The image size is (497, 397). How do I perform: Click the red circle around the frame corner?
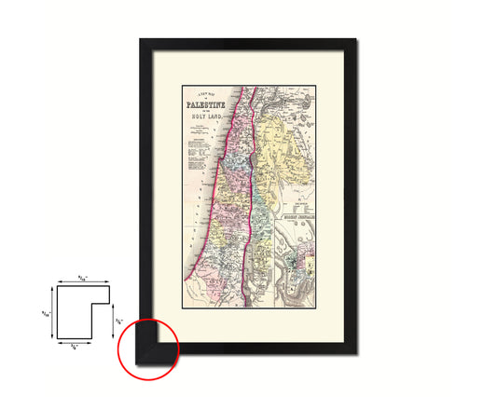click(x=147, y=349)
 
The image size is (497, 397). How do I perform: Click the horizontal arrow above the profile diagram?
click(x=82, y=282)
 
